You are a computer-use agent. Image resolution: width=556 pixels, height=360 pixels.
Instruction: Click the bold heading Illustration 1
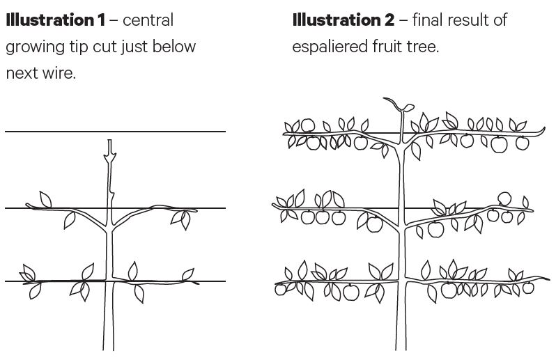(x=55, y=19)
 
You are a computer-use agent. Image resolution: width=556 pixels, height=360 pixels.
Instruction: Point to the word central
(x=148, y=19)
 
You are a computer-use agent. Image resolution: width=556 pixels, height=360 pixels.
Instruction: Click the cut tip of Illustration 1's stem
(x=109, y=143)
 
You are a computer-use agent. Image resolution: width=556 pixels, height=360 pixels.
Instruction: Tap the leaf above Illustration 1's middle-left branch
(x=45, y=199)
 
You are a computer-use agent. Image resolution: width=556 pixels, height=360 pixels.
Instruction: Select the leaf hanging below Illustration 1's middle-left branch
(x=70, y=220)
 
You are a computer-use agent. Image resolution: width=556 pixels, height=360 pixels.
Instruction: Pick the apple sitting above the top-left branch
(x=307, y=126)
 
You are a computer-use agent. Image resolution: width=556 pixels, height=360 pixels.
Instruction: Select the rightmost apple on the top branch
(x=523, y=143)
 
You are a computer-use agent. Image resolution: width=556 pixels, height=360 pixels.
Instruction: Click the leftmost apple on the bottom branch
(x=281, y=289)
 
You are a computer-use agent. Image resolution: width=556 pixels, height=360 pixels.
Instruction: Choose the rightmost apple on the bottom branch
(x=528, y=287)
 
